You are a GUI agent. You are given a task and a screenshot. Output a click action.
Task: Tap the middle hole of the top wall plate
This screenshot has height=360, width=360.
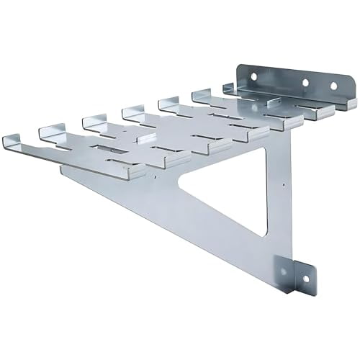[x=305, y=83]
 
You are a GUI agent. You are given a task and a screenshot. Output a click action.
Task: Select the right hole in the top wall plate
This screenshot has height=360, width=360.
[x=333, y=87]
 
